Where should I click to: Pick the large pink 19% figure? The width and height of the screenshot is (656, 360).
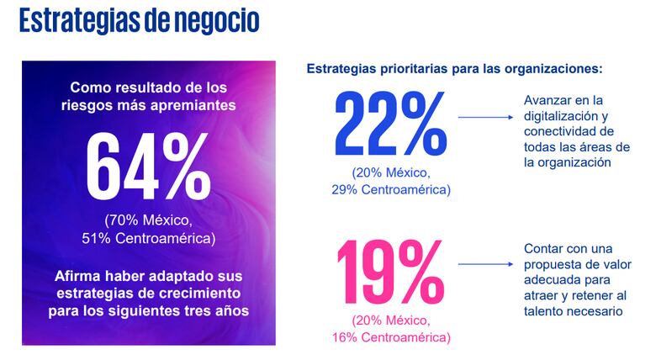(391, 273)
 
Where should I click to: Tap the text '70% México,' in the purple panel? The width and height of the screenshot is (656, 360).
(149, 220)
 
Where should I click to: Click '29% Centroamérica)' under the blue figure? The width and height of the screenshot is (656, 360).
(391, 189)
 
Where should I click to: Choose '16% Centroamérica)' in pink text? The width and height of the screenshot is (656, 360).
(391, 337)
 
